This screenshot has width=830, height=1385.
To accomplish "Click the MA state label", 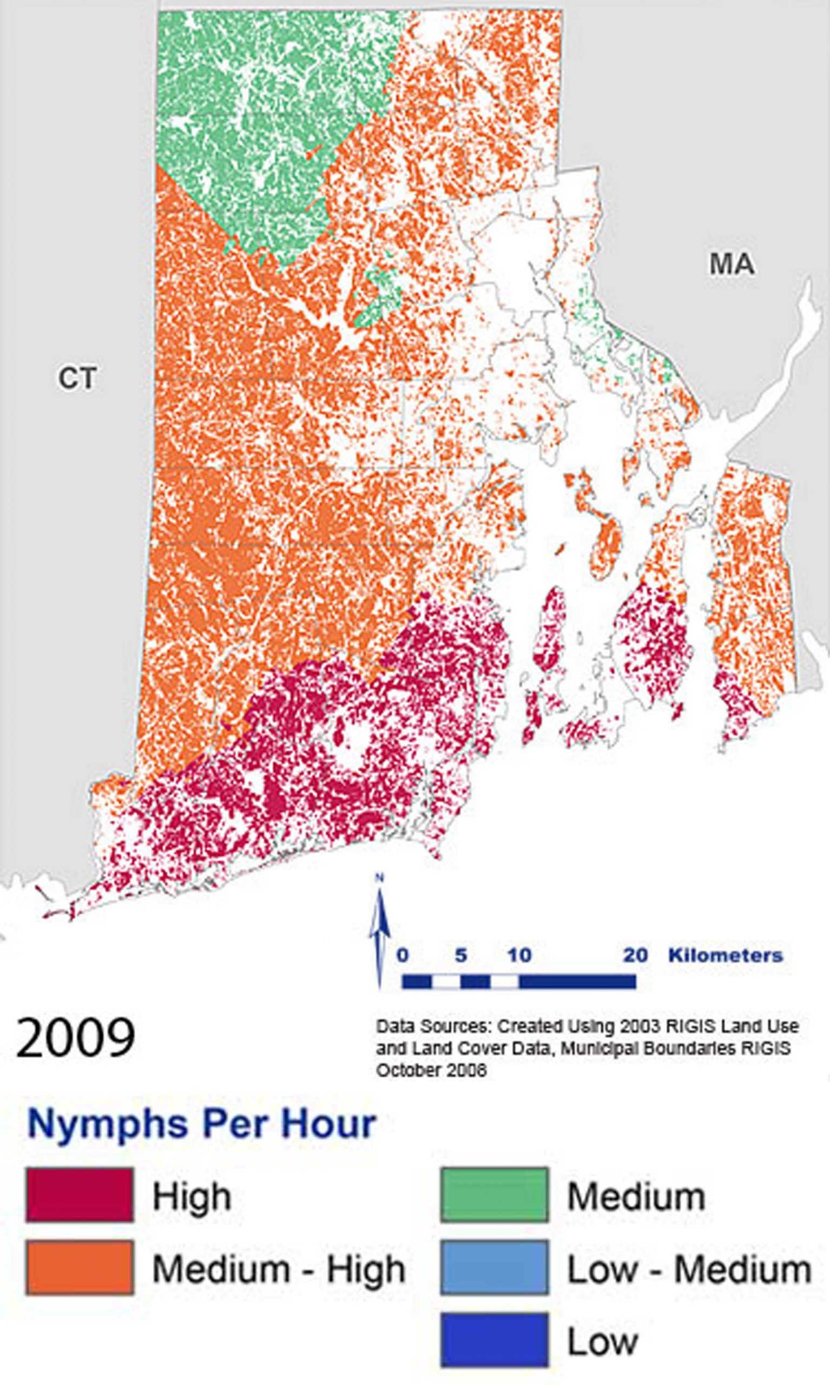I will (732, 265).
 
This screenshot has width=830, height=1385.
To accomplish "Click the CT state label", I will (77, 379).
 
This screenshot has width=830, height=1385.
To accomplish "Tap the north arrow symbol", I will (380, 932).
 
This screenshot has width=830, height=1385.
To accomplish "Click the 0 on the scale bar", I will (403, 955).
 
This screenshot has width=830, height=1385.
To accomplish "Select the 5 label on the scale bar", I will (460, 955).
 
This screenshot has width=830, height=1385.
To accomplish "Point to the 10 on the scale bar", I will (519, 955).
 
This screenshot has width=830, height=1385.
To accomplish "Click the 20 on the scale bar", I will (635, 955).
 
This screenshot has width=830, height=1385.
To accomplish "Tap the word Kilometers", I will (726, 955).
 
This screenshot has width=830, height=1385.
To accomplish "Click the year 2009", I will (76, 1037).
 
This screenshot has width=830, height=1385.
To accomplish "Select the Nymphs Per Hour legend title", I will (201, 1124).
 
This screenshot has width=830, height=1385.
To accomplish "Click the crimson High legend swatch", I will (80, 1195).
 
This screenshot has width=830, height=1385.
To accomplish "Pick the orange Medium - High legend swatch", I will (80, 1267).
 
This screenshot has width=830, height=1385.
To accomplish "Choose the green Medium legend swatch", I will (495, 1195).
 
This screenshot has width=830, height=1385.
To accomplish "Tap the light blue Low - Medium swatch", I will (495, 1267).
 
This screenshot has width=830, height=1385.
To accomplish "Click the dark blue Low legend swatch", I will (495, 1339).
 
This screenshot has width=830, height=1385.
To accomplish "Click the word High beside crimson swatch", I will (192, 1197).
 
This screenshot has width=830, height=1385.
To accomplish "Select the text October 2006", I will (431, 1070).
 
